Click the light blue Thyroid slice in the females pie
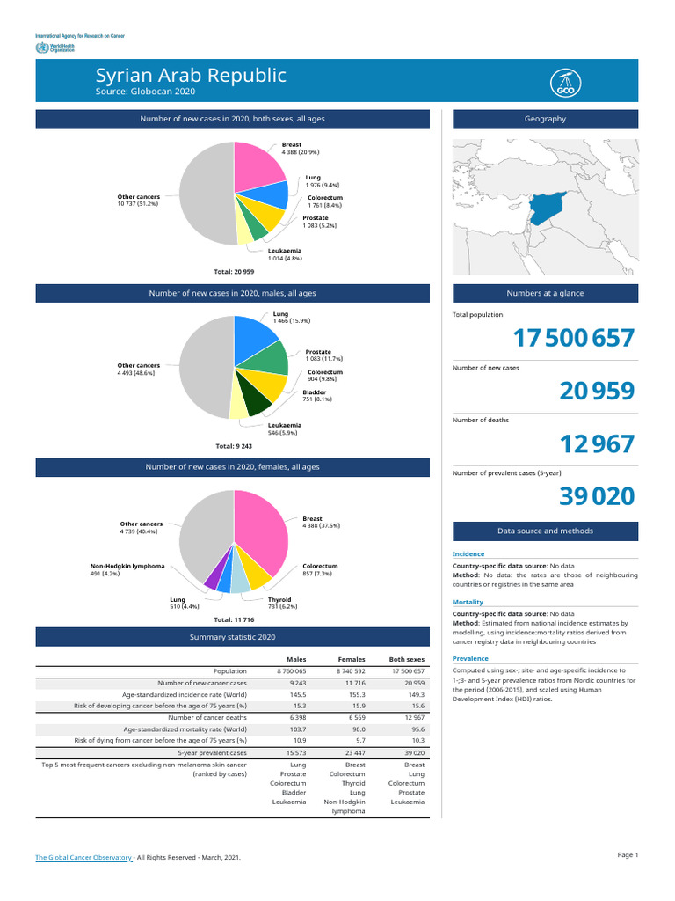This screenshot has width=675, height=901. pyautogui.click(x=238, y=582)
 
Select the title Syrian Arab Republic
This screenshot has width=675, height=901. pyautogui.click(x=191, y=76)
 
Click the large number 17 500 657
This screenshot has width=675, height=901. pyautogui.click(x=573, y=339)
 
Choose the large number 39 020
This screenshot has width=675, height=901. pyautogui.click(x=597, y=497)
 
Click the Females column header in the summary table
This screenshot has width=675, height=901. pyautogui.click(x=351, y=659)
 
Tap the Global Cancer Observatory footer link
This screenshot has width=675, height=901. pyautogui.click(x=83, y=857)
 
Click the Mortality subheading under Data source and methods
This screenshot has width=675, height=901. pyautogui.click(x=467, y=603)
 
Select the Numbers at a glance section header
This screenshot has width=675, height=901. pyautogui.click(x=545, y=294)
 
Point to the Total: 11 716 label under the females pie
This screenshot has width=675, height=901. pyautogui.click(x=235, y=619)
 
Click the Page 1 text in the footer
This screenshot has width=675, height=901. pyautogui.click(x=628, y=855)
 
